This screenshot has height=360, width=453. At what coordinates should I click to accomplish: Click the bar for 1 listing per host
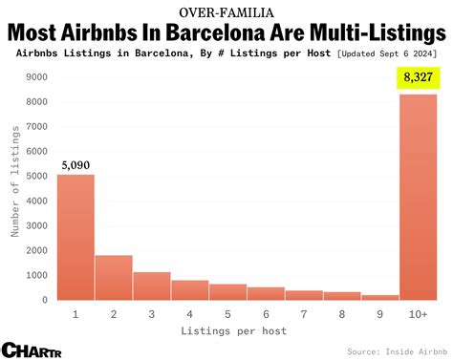[75, 237]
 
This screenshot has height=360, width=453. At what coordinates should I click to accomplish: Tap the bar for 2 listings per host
[114, 277]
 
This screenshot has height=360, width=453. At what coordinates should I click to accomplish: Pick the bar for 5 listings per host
[228, 291]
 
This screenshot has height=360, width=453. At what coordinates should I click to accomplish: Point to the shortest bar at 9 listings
[380, 297]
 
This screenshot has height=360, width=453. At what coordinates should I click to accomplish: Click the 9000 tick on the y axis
[39, 77]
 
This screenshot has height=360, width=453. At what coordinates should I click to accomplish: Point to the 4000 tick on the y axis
[39, 201]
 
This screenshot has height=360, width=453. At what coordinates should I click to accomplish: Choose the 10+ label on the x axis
[419, 312]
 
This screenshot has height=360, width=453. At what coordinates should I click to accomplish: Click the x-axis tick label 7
[304, 312]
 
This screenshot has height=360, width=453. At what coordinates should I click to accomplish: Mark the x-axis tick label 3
[152, 312]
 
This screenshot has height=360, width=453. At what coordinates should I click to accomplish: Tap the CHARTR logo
[32, 349]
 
